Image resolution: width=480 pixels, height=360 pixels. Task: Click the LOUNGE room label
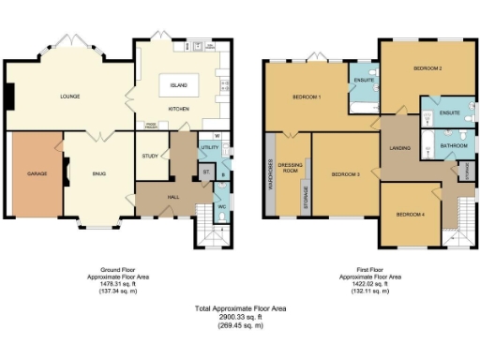pos(69,97)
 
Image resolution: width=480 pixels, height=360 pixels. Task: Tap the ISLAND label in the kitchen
pos(178,86)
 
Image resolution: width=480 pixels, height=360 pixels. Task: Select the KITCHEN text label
pos(178,109)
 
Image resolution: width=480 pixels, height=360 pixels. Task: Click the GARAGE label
pos(37,172)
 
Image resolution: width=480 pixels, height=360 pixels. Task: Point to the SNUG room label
pos(98,172)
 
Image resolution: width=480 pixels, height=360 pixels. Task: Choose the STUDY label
pos(150,156)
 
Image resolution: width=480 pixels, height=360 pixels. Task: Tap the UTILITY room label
pos(209,148)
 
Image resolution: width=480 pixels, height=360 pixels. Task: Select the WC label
pos(222,206)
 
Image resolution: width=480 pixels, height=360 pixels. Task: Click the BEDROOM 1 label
pos(307,97)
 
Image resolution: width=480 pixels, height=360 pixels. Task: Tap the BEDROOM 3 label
pos(346,173)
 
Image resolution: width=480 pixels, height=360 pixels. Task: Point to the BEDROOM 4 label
pos(410,215)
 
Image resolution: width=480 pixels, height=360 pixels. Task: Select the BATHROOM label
pos(454,145)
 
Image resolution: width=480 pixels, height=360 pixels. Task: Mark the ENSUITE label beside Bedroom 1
pos(365,81)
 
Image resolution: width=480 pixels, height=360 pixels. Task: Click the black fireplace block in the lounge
pos(9,96)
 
